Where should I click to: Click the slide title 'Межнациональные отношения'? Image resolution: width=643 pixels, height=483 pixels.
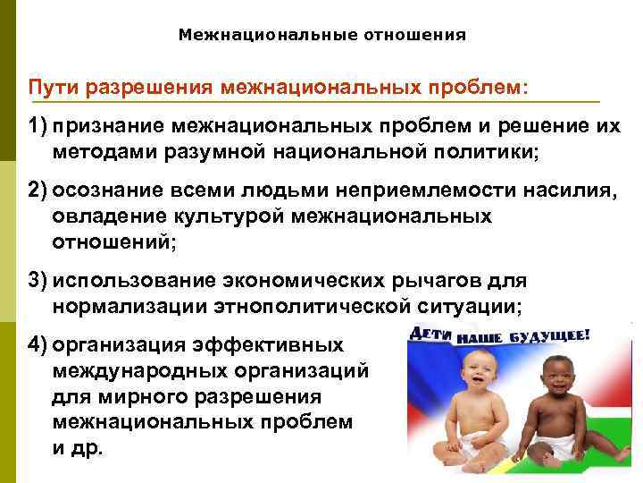pos(321,36)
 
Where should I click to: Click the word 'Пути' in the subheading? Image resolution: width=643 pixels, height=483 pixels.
pos(49,89)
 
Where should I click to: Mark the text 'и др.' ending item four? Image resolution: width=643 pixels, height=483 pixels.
pos(78,446)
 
